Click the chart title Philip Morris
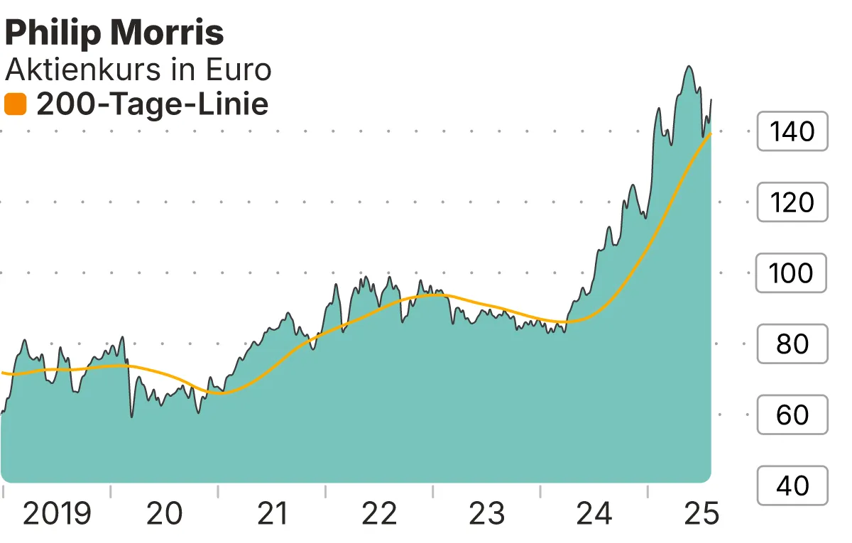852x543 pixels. click(114, 33)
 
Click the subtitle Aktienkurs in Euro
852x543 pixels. click(138, 70)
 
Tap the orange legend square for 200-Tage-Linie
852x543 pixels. click(15, 105)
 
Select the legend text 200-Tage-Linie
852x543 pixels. click(152, 105)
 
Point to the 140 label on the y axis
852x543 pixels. click(792, 131)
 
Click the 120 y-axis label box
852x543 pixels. click(792, 202)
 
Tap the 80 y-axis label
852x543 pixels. click(792, 344)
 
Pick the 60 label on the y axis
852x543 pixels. click(792, 415)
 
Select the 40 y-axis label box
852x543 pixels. click(792, 486)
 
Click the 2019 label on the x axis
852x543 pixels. click(57, 514)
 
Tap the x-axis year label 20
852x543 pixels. click(164, 514)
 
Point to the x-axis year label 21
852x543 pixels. click(272, 514)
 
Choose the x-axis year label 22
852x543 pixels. click(379, 514)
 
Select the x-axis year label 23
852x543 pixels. click(487, 514)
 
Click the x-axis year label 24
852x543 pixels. click(594, 514)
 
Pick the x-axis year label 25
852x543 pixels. click(701, 514)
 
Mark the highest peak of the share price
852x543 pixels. click(688, 67)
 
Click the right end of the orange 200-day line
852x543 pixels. click(711, 134)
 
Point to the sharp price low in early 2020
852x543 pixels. click(131, 416)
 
